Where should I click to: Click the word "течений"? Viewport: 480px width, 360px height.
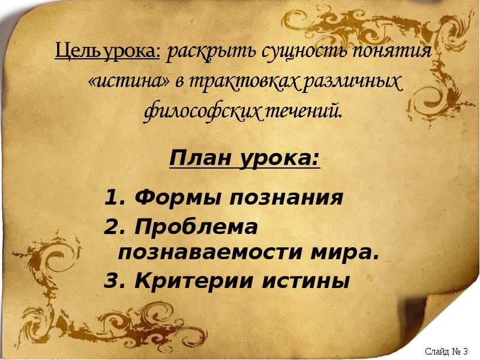[x=302, y=112]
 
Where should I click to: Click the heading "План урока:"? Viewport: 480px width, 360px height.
[x=244, y=160]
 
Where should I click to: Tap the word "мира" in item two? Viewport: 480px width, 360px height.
[x=347, y=252]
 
